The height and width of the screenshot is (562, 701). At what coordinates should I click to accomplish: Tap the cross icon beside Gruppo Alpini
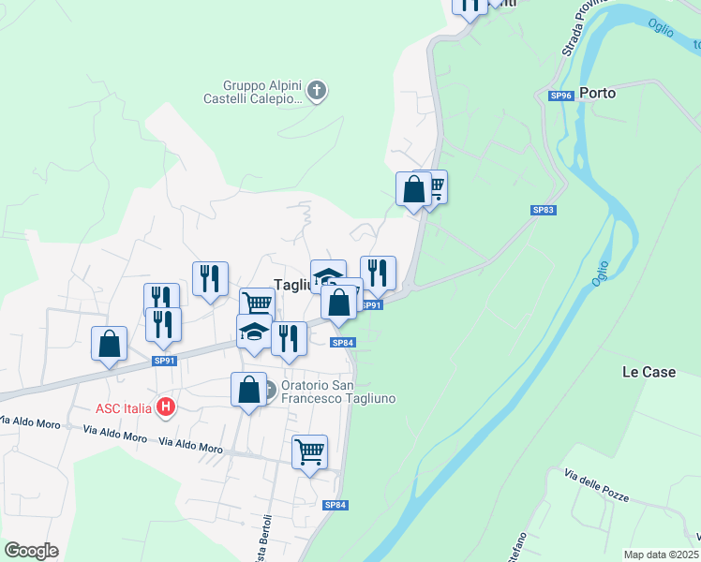point(317,91)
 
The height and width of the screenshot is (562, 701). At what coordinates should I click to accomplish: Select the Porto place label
point(597,93)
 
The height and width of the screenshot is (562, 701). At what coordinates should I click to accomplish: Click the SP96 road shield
point(560,96)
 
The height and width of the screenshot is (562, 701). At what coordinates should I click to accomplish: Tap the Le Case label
point(649,372)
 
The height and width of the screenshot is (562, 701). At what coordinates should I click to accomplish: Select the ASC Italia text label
point(123,407)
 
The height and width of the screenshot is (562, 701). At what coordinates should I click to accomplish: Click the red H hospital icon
point(166,407)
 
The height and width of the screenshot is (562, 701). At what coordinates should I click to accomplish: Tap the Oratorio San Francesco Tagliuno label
point(338,392)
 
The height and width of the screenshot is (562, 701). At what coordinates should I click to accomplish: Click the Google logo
point(31,551)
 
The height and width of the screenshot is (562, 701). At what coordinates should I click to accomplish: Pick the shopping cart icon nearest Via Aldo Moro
point(309,451)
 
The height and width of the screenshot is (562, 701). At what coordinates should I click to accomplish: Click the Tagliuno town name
point(291,285)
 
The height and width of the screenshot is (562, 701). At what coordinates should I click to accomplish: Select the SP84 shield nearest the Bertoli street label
point(336,505)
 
